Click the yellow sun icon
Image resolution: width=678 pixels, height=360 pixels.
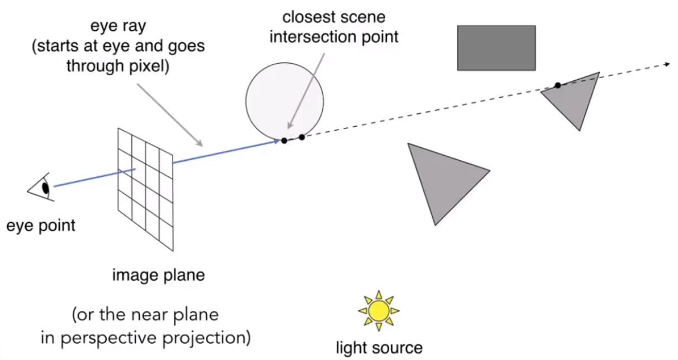379,310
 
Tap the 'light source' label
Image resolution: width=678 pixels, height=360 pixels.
379,348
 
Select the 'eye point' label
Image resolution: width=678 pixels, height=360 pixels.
41,226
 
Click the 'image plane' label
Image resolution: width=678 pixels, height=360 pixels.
159,275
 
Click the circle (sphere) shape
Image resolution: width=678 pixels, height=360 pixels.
284,100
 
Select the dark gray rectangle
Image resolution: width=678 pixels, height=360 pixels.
496,48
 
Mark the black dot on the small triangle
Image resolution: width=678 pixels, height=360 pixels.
557,85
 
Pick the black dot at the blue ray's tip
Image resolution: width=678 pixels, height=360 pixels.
284,141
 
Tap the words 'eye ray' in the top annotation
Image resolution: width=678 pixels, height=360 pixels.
117,27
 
